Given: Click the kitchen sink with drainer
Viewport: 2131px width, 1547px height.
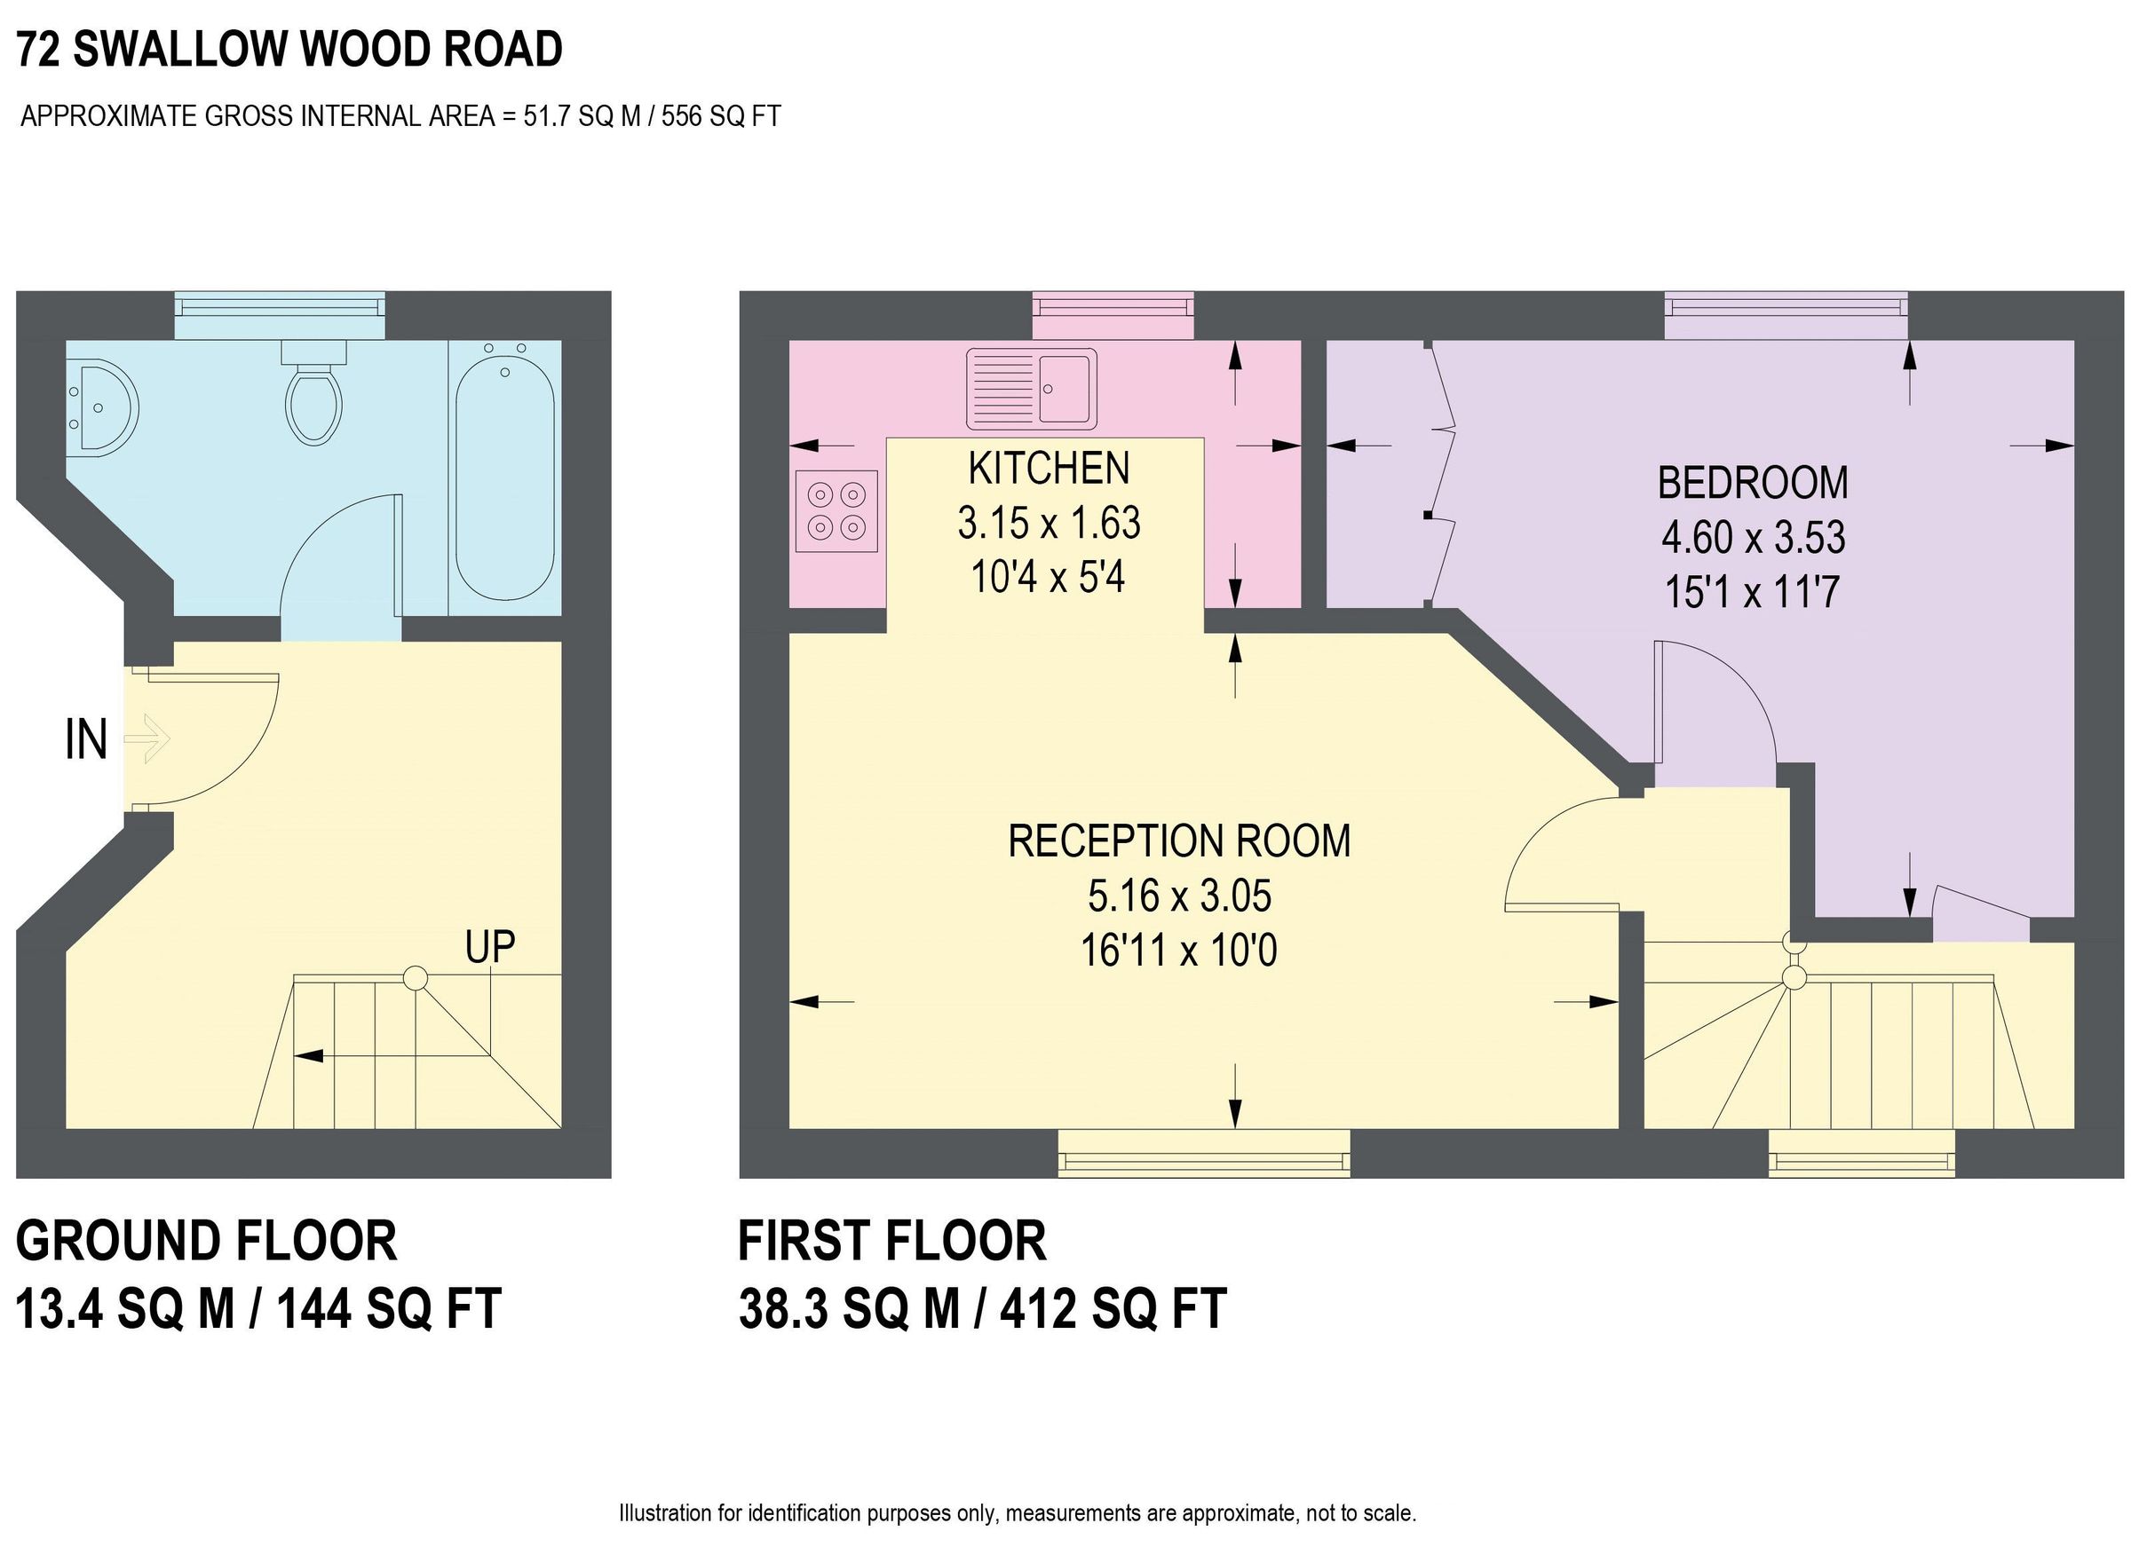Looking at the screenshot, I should coord(1032,386).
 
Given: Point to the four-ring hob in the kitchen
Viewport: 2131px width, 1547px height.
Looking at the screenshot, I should coord(836,510).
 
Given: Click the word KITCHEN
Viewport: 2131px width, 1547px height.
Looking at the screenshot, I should coord(1049,469).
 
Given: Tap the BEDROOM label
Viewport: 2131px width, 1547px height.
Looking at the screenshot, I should coord(1753,483).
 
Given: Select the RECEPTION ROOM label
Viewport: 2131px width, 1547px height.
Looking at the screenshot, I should coord(1178,841).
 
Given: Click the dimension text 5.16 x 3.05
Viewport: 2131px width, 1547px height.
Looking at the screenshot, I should coord(1179,896).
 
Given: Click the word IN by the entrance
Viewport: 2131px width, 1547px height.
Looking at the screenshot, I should coord(85,740).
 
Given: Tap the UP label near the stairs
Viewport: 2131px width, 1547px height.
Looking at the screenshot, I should coord(489,947).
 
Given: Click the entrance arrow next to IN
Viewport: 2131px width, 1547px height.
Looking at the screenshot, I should coord(147,738).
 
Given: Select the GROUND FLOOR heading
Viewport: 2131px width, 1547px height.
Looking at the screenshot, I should coord(207,1241).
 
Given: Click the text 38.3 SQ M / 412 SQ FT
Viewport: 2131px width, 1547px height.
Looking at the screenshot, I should coord(982,1308).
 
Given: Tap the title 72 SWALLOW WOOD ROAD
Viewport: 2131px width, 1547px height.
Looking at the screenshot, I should coord(289,50).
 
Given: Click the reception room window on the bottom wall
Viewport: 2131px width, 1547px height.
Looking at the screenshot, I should coord(1204,1153).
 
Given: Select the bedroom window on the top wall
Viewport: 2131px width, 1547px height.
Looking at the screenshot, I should coord(1786,315).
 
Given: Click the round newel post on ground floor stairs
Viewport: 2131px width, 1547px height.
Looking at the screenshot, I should coord(416,978).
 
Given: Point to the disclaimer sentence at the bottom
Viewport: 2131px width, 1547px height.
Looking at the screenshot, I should coord(1017,1513).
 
